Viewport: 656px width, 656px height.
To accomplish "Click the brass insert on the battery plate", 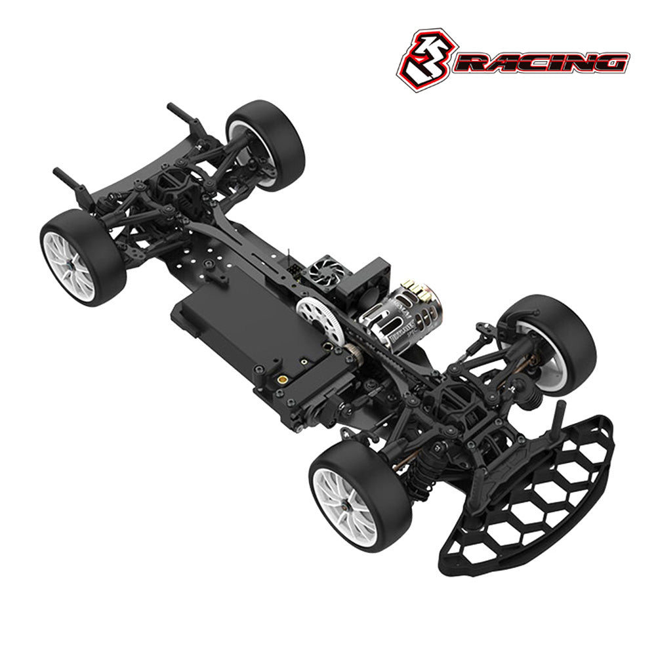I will click(x=283, y=379).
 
